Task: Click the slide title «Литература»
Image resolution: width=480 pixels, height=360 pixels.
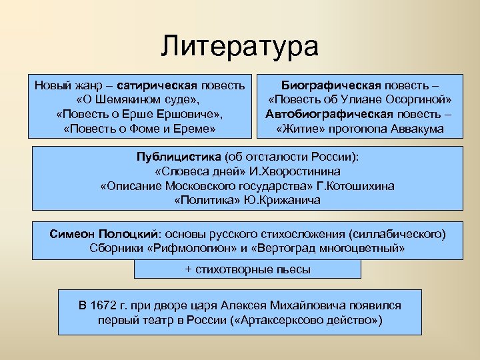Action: point(240,47)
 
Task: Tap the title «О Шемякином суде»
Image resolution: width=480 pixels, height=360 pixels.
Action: point(141,100)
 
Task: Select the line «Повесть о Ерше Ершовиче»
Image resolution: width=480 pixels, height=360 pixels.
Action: point(141,114)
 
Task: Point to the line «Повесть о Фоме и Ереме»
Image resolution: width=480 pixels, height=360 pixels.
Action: point(141,128)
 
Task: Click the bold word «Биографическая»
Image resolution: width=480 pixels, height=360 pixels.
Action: point(331,86)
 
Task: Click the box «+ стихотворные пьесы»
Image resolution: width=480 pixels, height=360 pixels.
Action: point(247,269)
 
